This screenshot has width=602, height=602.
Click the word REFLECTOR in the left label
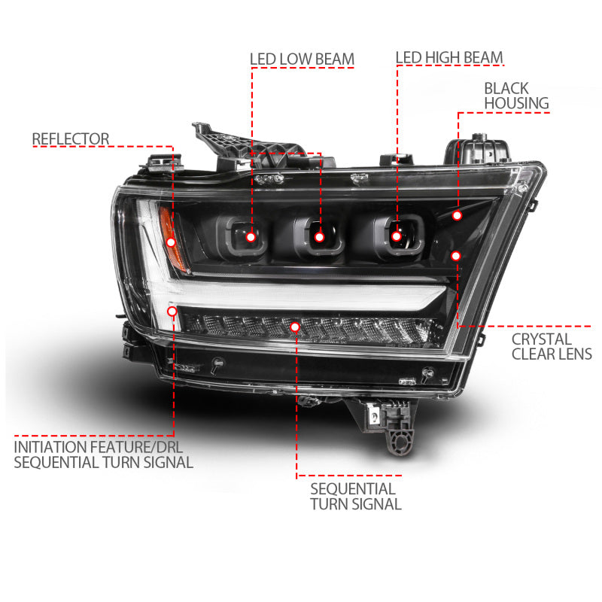(71, 139)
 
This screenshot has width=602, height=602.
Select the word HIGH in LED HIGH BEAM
(448, 58)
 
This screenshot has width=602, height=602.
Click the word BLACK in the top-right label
(506, 88)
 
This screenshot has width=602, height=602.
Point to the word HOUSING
(516, 103)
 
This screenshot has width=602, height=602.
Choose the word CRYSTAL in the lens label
(542, 339)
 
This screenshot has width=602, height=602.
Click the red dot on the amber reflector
(171, 242)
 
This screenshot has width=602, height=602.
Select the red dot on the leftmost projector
(251, 237)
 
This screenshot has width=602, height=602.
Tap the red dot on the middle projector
(319, 237)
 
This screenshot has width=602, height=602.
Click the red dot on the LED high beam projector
(397, 236)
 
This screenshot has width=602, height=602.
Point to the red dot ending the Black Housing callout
(457, 216)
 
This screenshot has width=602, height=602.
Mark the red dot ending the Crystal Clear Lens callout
(455, 256)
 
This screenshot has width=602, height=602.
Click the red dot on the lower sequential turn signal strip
(295, 327)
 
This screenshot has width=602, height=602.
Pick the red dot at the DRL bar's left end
(173, 310)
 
